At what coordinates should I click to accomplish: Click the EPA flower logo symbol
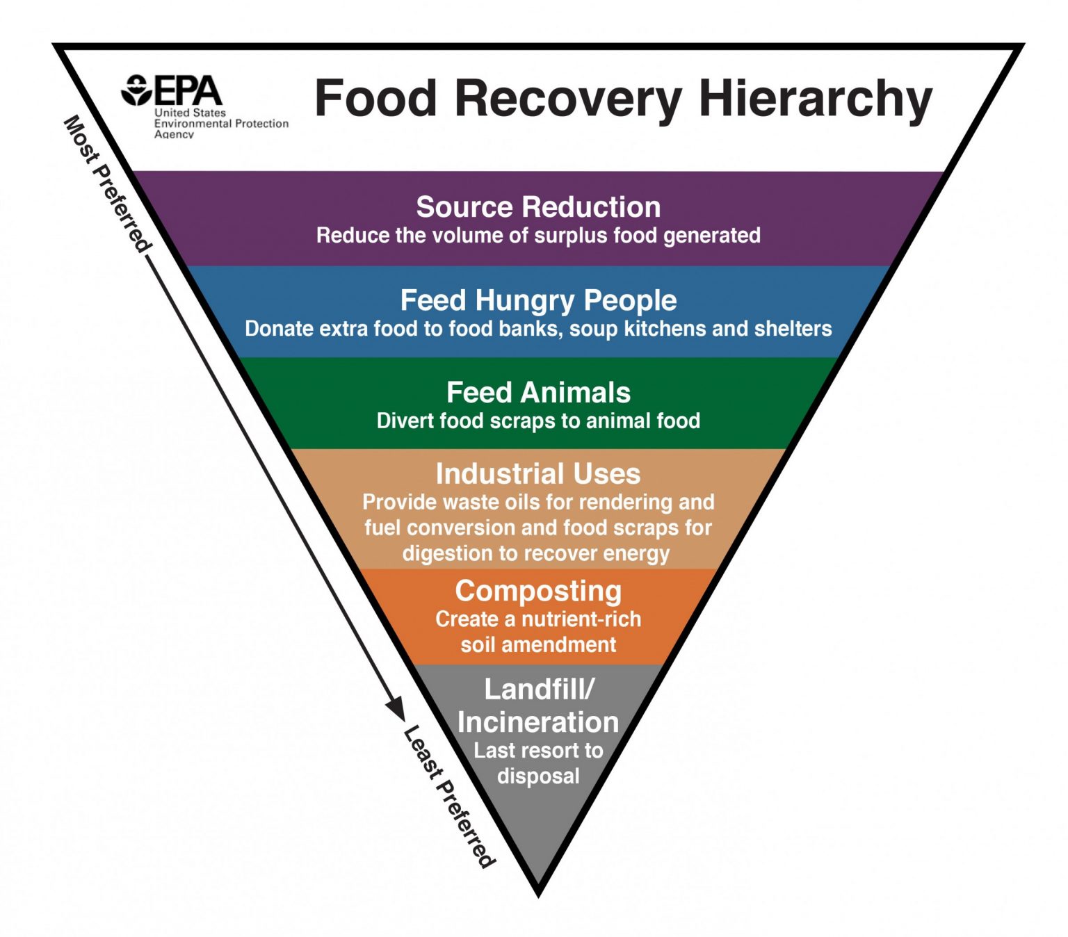(136, 90)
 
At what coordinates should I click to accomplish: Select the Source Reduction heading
(538, 207)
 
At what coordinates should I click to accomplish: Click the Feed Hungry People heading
(538, 300)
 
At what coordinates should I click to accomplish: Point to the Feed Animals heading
(538, 393)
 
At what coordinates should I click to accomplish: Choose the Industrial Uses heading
(538, 474)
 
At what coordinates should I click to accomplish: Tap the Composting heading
(538, 591)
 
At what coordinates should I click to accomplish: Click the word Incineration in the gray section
(538, 722)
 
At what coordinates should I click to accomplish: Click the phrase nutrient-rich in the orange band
(581, 619)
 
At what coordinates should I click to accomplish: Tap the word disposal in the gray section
(538, 776)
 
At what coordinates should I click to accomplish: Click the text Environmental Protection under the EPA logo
(221, 124)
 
